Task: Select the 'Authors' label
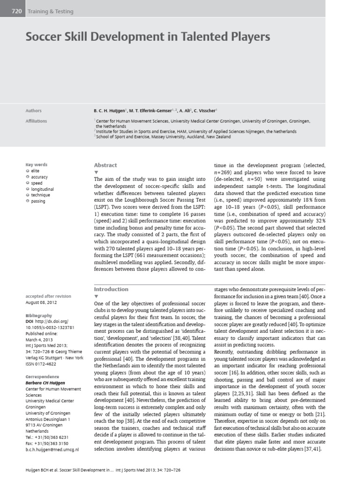click(33, 111)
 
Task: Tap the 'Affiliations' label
click(36, 120)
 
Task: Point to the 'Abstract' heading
click(105, 165)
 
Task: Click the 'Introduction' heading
click(111, 289)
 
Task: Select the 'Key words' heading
click(37, 165)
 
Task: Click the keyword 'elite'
click(36, 172)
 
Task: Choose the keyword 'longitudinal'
click(43, 189)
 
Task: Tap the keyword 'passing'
click(38, 201)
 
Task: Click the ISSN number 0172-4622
click(45, 364)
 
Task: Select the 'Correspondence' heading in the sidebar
click(43, 376)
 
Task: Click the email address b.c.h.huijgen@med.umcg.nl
click(52, 449)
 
